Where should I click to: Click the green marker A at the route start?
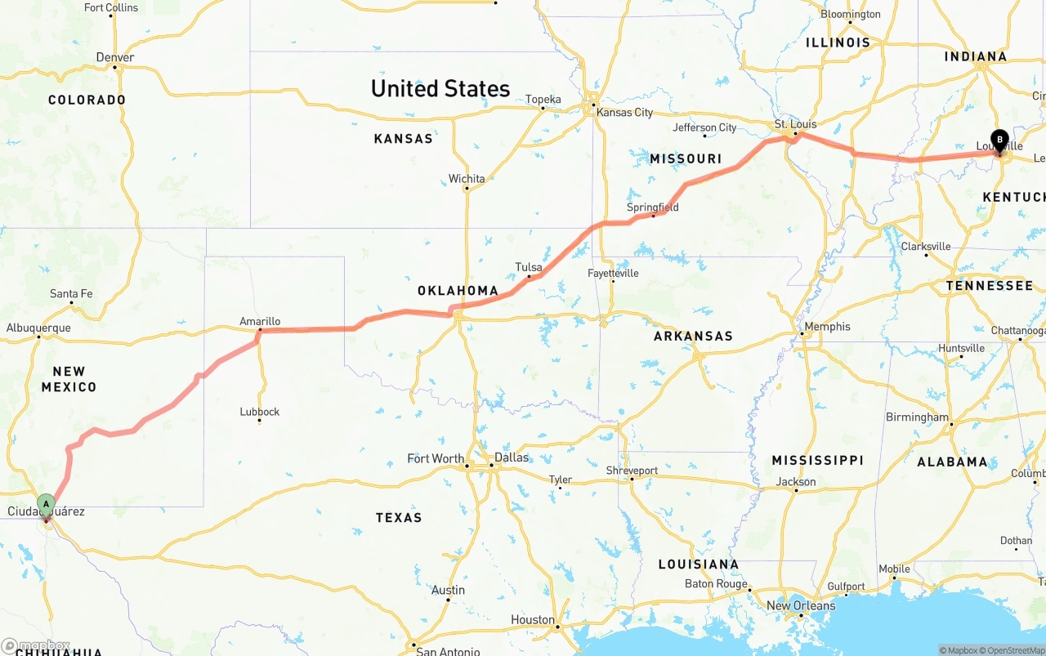47,504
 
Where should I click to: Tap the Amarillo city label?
260,322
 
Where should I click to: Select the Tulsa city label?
529,267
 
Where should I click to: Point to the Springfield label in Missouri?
652,208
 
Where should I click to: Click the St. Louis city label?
795,125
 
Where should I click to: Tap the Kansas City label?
624,112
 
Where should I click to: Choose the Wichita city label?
467,179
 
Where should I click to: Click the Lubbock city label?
260,412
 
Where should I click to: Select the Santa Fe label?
71,293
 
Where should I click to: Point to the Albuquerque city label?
38,328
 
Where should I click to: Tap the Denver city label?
115,57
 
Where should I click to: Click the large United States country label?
440,88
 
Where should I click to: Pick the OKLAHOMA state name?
458,291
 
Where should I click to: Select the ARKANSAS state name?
693,336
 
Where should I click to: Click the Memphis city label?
827,327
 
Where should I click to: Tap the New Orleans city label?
801,605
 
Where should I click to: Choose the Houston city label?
533,620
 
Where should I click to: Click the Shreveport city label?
632,471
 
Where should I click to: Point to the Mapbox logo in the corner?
36,645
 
